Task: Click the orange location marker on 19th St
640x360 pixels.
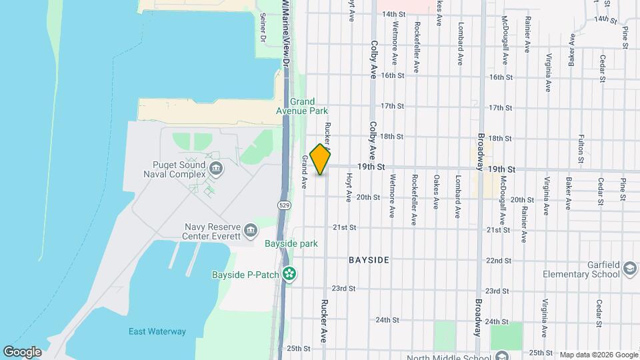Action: coord(321,159)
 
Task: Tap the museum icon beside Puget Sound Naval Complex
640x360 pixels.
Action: coord(215,167)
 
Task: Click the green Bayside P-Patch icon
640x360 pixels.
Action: coord(289,273)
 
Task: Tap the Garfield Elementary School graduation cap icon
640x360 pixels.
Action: coord(629,269)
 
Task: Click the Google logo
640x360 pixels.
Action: coord(22,352)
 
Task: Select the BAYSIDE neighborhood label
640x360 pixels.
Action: coord(369,259)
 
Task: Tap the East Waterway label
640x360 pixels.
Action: coord(157,331)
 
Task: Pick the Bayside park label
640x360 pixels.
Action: coord(291,244)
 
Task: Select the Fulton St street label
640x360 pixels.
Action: coord(581,148)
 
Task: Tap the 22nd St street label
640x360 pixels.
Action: coord(499,260)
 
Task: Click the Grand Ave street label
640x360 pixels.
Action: coord(305,172)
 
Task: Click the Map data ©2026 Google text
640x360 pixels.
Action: coord(598,355)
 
